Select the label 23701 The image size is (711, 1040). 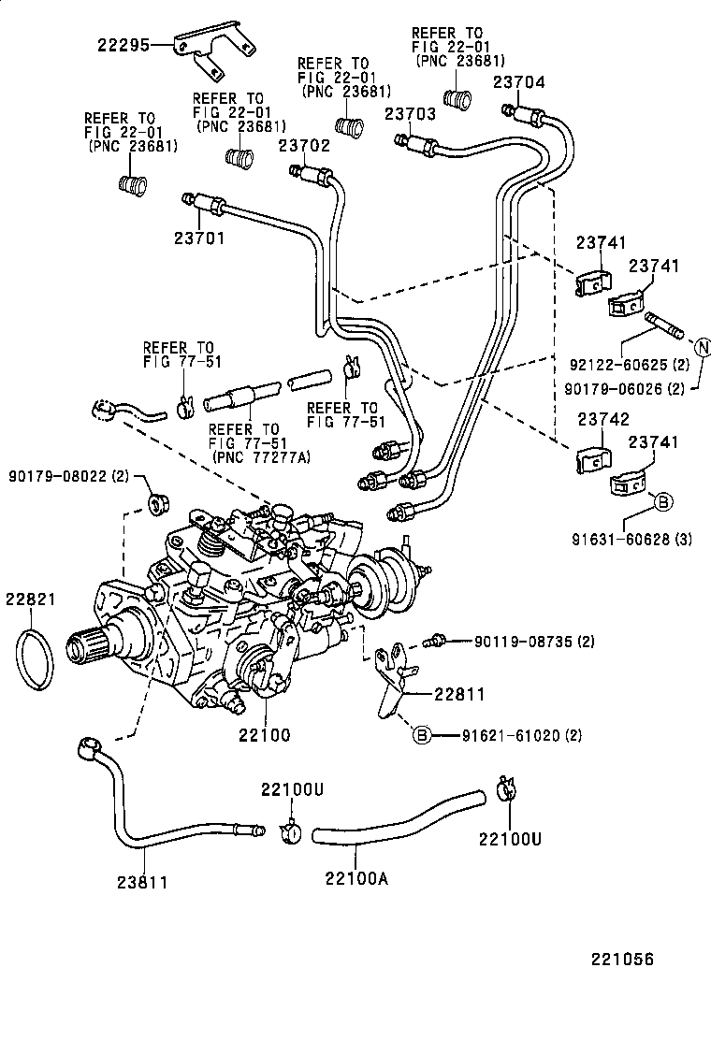pos(199,238)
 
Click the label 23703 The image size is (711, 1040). pos(410,114)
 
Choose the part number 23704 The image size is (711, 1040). pos(518,81)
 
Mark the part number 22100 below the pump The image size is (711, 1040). pos(265,735)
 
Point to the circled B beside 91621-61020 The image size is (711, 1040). pos(422,736)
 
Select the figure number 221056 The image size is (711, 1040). pos(620,960)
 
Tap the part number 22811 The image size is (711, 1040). pos(459,693)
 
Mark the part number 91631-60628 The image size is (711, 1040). pos(619,540)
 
